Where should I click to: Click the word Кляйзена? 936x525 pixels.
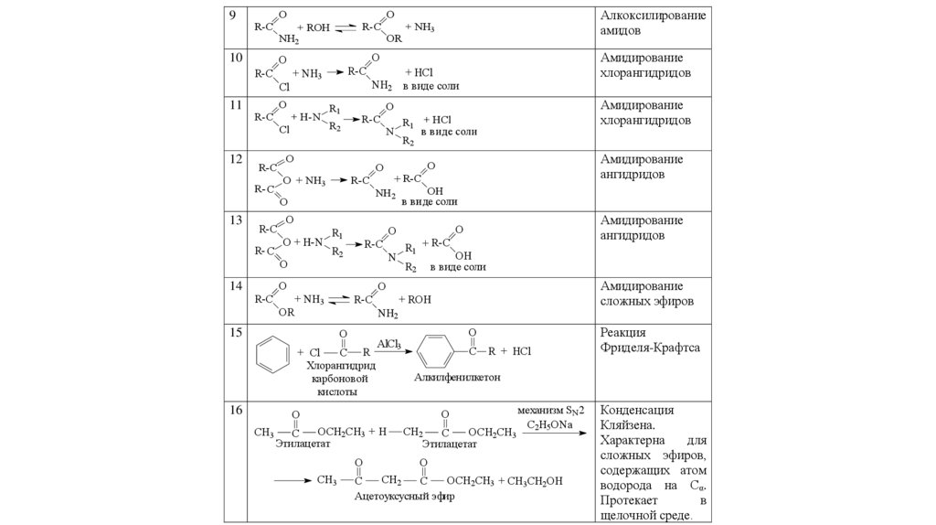[x=627, y=425]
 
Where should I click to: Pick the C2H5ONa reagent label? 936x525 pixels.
[x=549, y=425]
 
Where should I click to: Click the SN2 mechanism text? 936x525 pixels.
[x=550, y=411]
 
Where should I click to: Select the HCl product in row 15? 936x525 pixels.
[x=521, y=350]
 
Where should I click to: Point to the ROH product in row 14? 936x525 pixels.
[x=419, y=298]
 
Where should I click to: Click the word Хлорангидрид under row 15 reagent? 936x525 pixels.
[x=342, y=363]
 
